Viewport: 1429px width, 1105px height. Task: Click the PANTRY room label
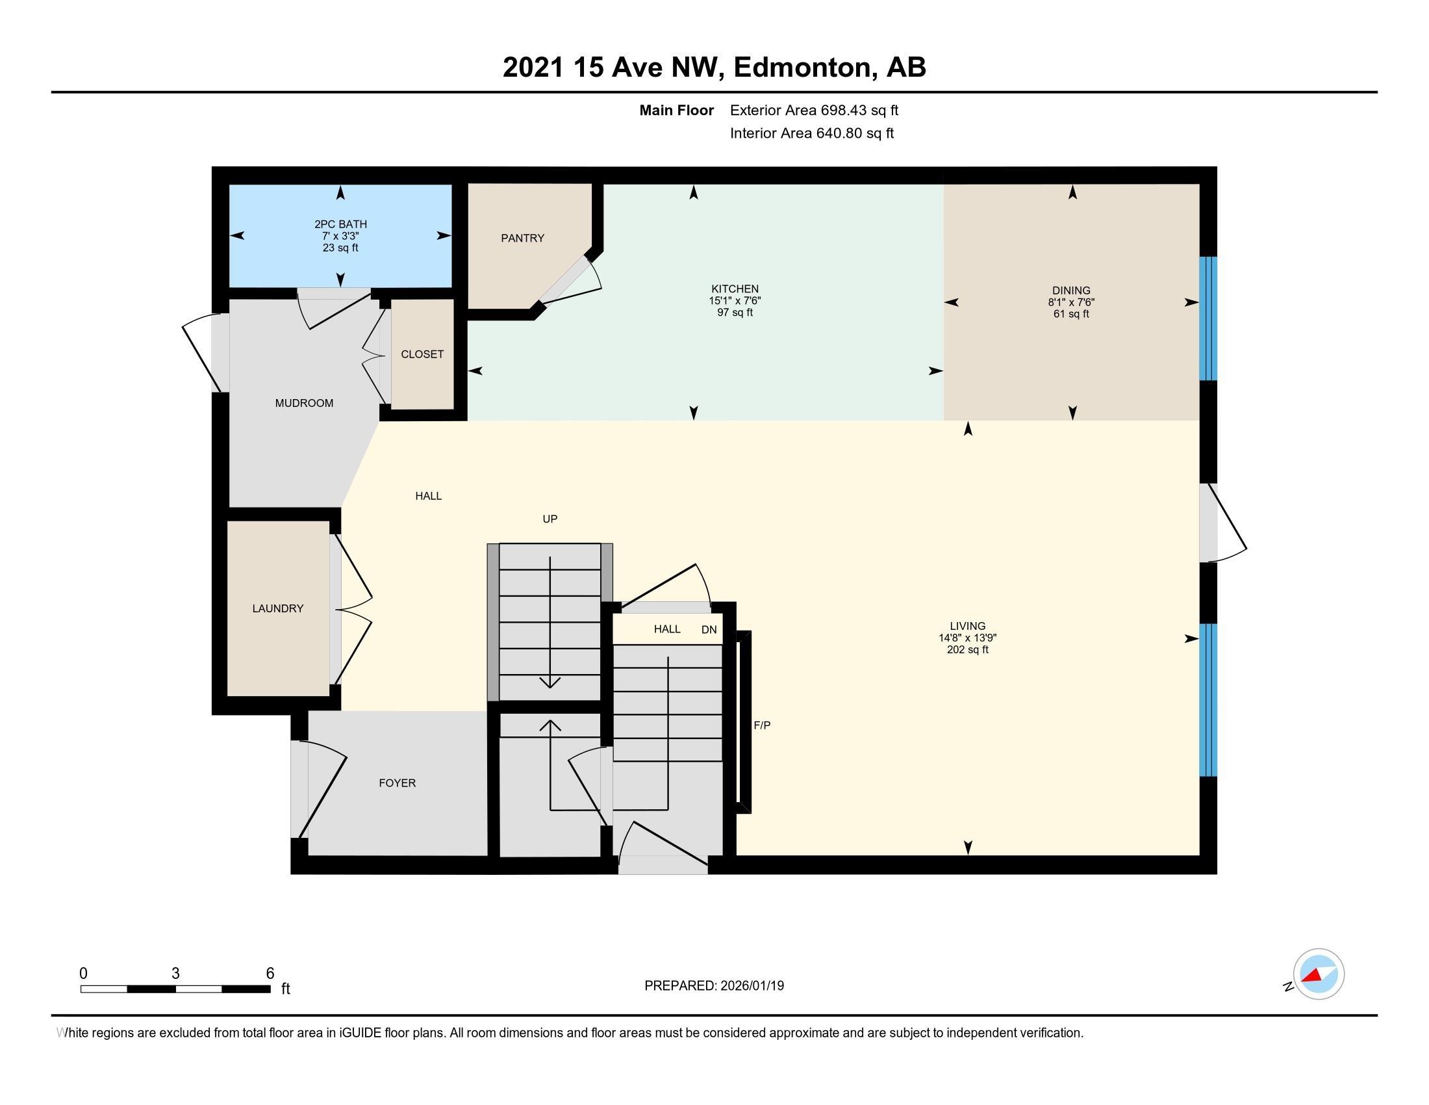(x=522, y=239)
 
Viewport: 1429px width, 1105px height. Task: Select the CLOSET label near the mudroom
(x=422, y=354)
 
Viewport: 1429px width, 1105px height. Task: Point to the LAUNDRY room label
(x=278, y=609)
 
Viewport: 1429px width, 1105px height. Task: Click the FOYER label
(x=397, y=783)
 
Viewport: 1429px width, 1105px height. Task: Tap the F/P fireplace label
(x=762, y=725)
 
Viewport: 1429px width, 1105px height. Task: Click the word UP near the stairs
(x=550, y=519)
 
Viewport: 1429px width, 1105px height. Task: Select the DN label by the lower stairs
(x=709, y=630)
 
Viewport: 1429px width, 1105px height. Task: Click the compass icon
(x=1318, y=974)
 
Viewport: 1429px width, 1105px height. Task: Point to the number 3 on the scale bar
(x=175, y=974)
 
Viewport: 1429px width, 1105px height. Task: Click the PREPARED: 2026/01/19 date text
(x=714, y=986)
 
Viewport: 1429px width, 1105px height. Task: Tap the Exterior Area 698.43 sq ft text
(x=814, y=110)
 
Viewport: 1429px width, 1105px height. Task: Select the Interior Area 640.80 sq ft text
(x=811, y=133)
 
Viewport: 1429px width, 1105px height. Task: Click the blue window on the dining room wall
(x=1208, y=318)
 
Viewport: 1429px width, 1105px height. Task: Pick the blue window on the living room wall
(x=1208, y=699)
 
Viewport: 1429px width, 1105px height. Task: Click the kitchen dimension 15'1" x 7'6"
(x=735, y=301)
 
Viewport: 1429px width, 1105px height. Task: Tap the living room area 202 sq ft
(x=967, y=650)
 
